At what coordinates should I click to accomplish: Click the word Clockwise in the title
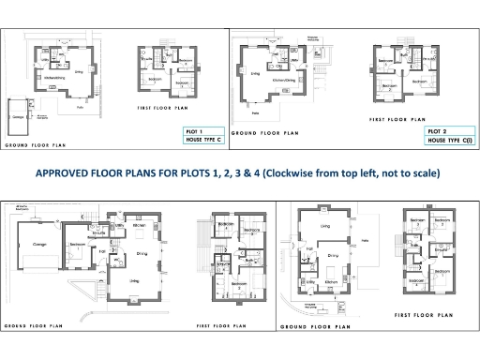click(x=297, y=174)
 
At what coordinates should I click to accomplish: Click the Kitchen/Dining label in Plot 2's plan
click(x=283, y=80)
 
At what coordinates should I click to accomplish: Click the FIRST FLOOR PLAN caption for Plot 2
click(x=397, y=120)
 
